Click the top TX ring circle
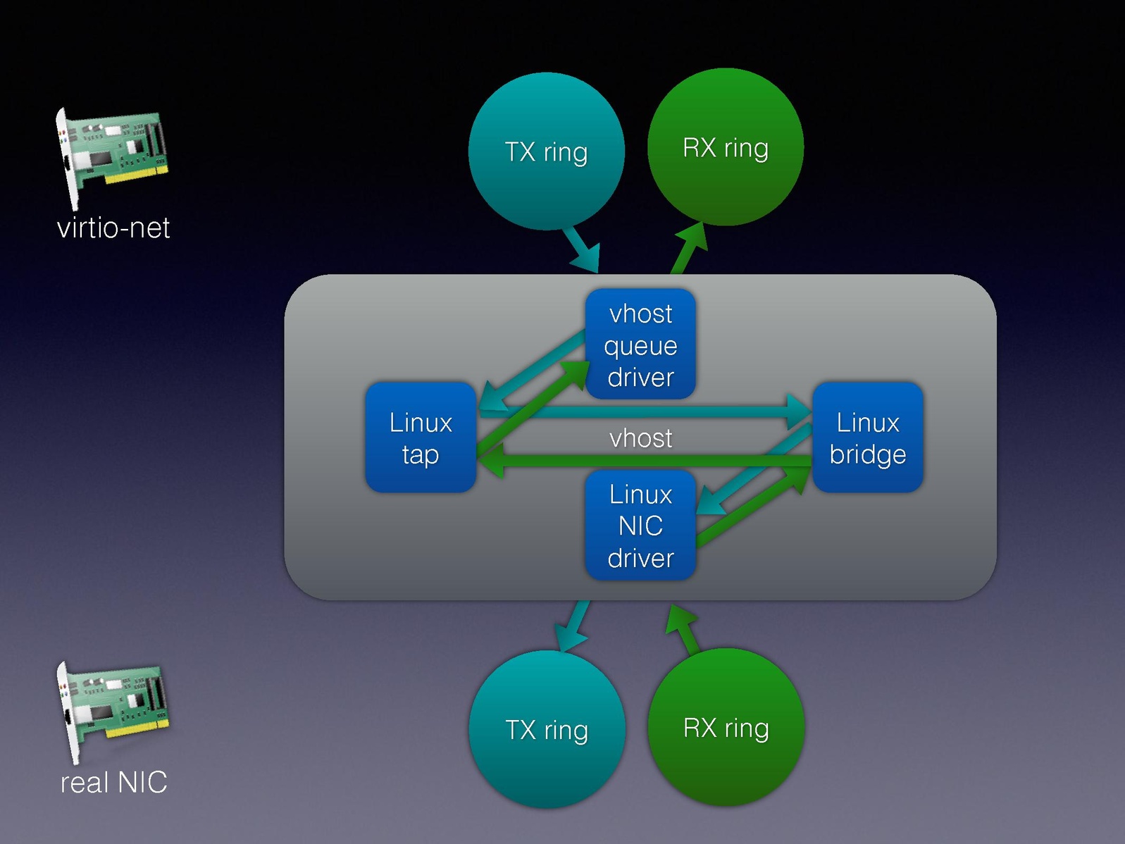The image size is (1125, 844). coord(546,151)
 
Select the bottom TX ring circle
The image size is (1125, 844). coord(547,729)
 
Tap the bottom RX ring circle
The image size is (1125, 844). coord(726,727)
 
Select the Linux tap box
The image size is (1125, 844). coord(421,437)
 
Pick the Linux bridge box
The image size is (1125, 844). coord(867,437)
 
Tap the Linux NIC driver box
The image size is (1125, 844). coord(640,526)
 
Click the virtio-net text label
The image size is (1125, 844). coord(113,228)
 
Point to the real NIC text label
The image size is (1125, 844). coord(113,782)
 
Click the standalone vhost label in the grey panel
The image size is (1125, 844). coord(640,438)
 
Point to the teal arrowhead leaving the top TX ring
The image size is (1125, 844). coord(587,258)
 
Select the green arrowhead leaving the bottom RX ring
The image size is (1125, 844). coord(680,620)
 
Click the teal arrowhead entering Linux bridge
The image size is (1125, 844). coord(800,411)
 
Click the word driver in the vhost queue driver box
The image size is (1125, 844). coord(640,377)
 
